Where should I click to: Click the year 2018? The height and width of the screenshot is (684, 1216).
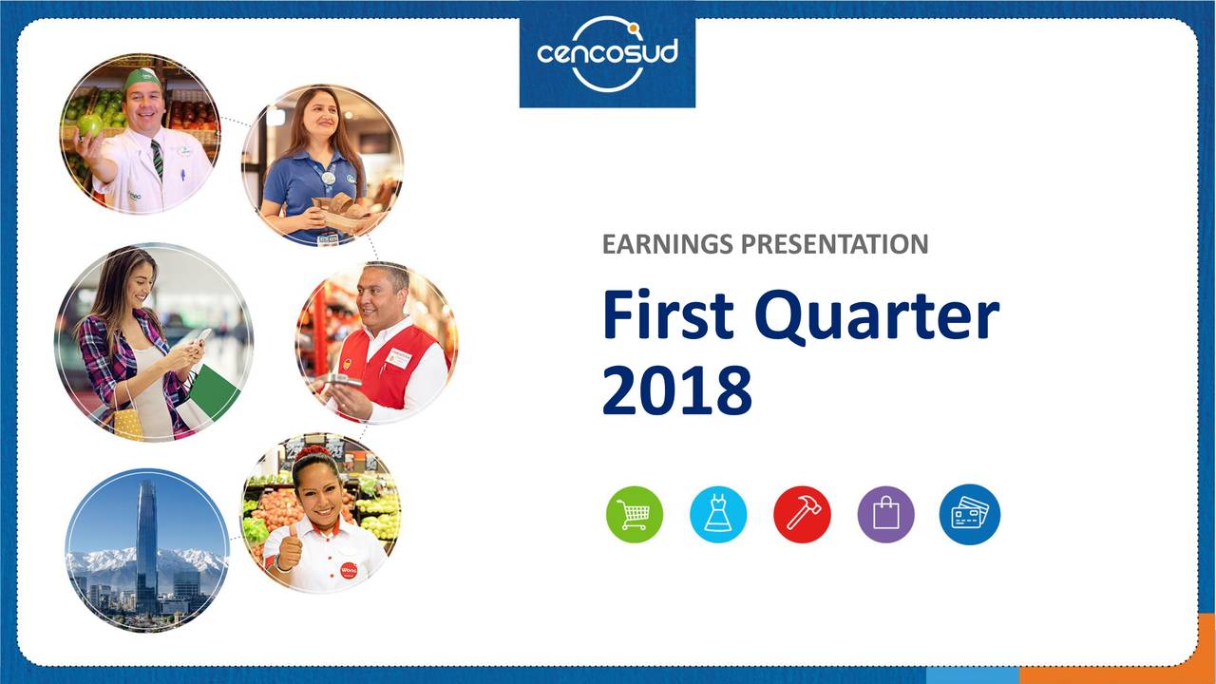(676, 390)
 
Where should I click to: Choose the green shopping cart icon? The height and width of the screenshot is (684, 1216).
(635, 514)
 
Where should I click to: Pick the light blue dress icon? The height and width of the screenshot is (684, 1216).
(718, 514)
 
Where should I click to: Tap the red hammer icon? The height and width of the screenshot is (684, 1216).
(802, 514)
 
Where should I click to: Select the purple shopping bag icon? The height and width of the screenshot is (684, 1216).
(885, 514)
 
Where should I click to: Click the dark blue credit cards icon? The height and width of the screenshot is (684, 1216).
(969, 514)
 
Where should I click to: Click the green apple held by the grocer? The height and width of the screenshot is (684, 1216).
(89, 123)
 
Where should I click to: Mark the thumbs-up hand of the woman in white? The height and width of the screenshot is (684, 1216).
(288, 550)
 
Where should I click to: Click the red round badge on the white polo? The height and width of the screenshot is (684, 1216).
(349, 570)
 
